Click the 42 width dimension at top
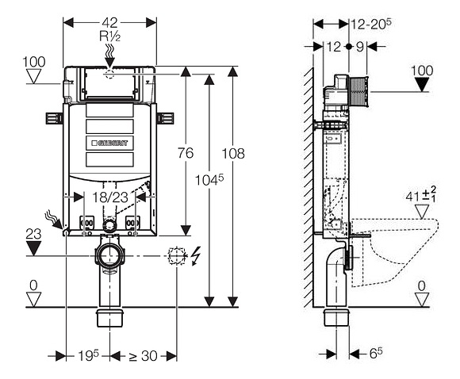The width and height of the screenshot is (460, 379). click(x=110, y=22)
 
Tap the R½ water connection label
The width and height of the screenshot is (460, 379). click(x=110, y=36)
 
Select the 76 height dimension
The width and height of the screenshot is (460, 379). click(x=186, y=153)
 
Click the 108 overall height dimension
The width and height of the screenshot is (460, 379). click(x=233, y=153)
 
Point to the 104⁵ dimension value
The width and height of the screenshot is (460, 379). click(x=209, y=179)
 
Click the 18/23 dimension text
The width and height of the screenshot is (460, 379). click(x=110, y=197)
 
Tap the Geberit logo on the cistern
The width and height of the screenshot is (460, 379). click(x=109, y=144)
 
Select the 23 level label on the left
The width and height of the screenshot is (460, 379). click(x=33, y=234)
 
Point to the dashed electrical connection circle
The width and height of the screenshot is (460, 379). click(x=177, y=256)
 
